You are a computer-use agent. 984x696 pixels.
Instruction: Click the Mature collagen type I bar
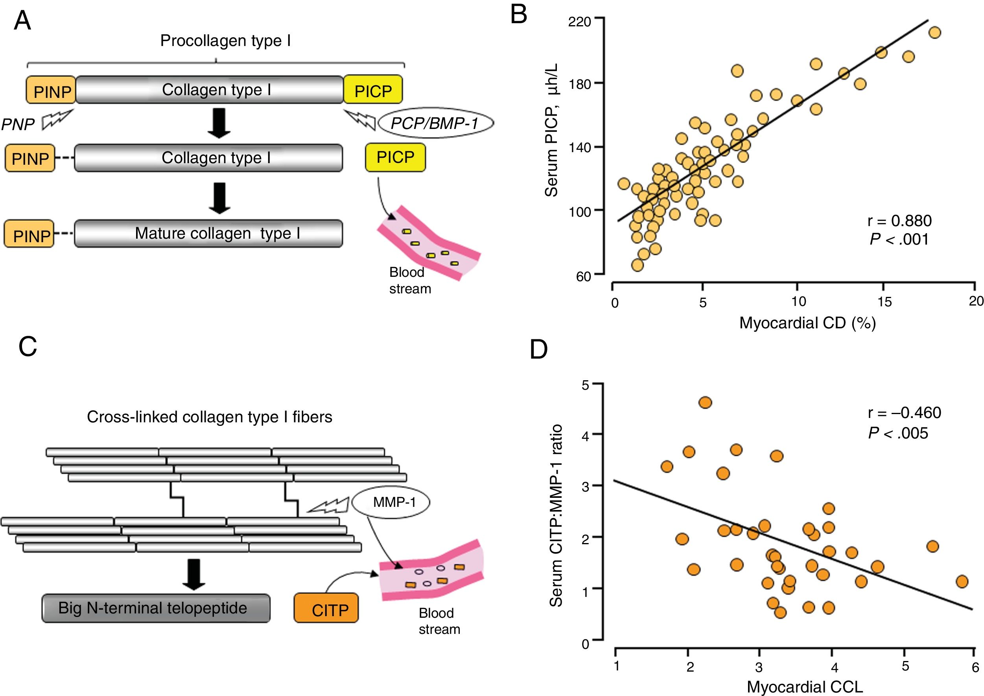(x=208, y=234)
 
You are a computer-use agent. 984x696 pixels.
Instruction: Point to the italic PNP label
(x=18, y=125)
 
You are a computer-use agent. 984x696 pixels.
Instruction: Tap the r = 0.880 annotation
(x=899, y=221)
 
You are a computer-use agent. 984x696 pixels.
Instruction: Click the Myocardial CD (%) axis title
(x=807, y=323)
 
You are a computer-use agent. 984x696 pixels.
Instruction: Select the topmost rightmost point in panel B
(x=935, y=33)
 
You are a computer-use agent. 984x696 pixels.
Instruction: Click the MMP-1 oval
(x=391, y=502)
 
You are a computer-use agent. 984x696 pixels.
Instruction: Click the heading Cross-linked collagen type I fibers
(x=209, y=416)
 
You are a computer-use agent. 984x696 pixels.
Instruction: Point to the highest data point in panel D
(x=705, y=402)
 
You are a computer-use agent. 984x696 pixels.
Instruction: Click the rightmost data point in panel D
(x=962, y=582)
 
